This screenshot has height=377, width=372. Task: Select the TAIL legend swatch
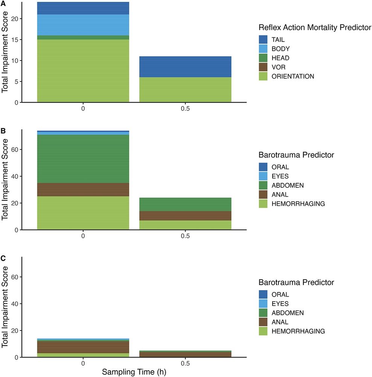click(x=264, y=39)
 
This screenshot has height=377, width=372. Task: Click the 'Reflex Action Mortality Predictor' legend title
click(x=315, y=27)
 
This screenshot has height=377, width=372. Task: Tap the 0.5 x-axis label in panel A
click(x=185, y=110)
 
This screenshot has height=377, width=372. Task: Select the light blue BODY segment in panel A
click(x=83, y=25)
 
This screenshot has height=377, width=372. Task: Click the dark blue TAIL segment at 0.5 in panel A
click(x=185, y=67)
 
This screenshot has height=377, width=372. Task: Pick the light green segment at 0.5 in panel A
click(x=185, y=90)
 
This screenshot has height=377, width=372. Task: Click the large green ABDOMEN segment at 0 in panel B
click(x=83, y=159)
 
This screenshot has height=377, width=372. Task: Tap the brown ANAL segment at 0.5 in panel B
click(x=185, y=216)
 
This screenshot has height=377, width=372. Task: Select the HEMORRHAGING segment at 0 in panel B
click(x=83, y=213)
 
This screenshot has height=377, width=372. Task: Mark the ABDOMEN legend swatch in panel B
click(x=264, y=185)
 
